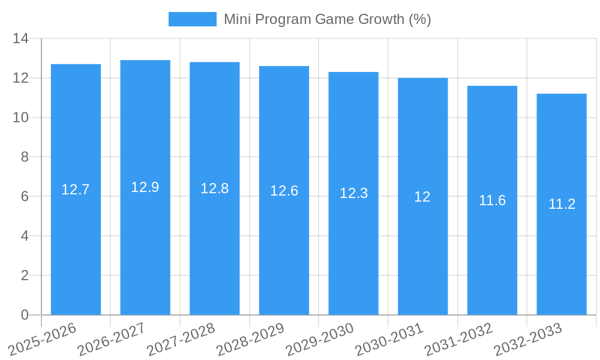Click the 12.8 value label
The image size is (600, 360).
tap(214, 188)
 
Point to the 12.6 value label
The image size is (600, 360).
tap(284, 191)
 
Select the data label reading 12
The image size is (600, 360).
tap(422, 197)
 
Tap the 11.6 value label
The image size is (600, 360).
tap(492, 200)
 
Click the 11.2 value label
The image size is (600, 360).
tap(562, 204)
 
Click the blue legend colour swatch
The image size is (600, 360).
tap(192, 19)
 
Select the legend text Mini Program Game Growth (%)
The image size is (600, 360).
tap(327, 19)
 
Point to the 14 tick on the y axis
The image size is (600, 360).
tap(21, 38)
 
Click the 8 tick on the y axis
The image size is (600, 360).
tap(25, 157)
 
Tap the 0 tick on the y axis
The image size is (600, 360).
tap(25, 315)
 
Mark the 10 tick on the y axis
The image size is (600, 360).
tap(21, 118)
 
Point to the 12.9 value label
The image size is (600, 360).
tap(145, 187)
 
